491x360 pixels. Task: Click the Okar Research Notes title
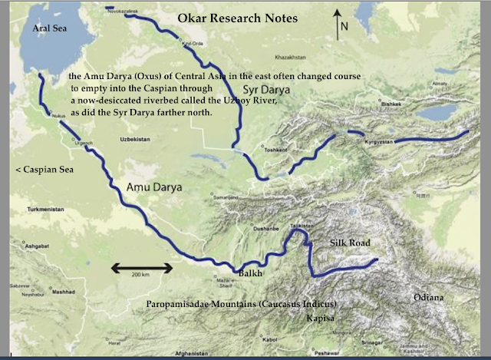244,16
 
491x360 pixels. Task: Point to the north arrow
337,28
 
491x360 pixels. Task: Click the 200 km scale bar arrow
139,267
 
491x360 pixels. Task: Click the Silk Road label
350,243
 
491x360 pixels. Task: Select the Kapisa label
319,316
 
